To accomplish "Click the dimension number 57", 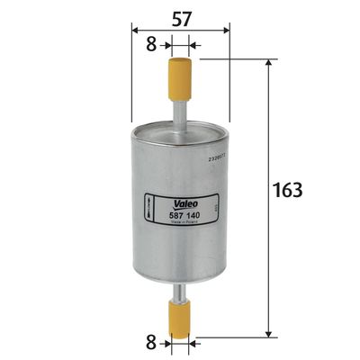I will [181, 18].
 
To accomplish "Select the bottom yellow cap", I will [180, 319].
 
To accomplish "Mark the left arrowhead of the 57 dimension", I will [135, 29].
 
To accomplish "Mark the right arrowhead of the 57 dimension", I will [227, 29].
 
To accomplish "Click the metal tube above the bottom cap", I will [180, 292].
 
